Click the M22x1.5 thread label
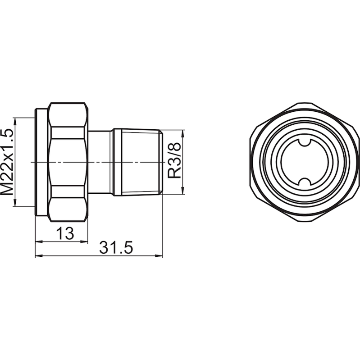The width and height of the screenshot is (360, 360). pyautogui.click(x=7, y=161)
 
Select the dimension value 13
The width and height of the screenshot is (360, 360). pyautogui.click(x=65, y=233)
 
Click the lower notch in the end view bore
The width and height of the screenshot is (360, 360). pyautogui.click(x=302, y=182)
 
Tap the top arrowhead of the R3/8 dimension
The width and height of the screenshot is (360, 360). pyautogui.click(x=183, y=133)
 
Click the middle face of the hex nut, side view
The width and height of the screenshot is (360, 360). pyautogui.click(x=68, y=162)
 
